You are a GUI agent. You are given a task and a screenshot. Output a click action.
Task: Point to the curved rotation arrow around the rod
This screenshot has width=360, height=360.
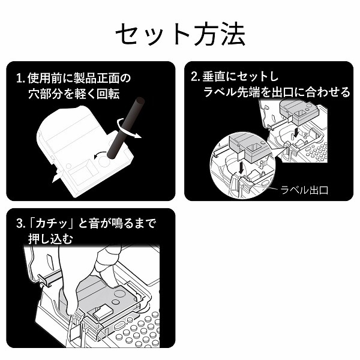coord(128,129)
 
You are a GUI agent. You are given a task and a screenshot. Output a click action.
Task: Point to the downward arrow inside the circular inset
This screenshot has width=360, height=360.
coord(240,167)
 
